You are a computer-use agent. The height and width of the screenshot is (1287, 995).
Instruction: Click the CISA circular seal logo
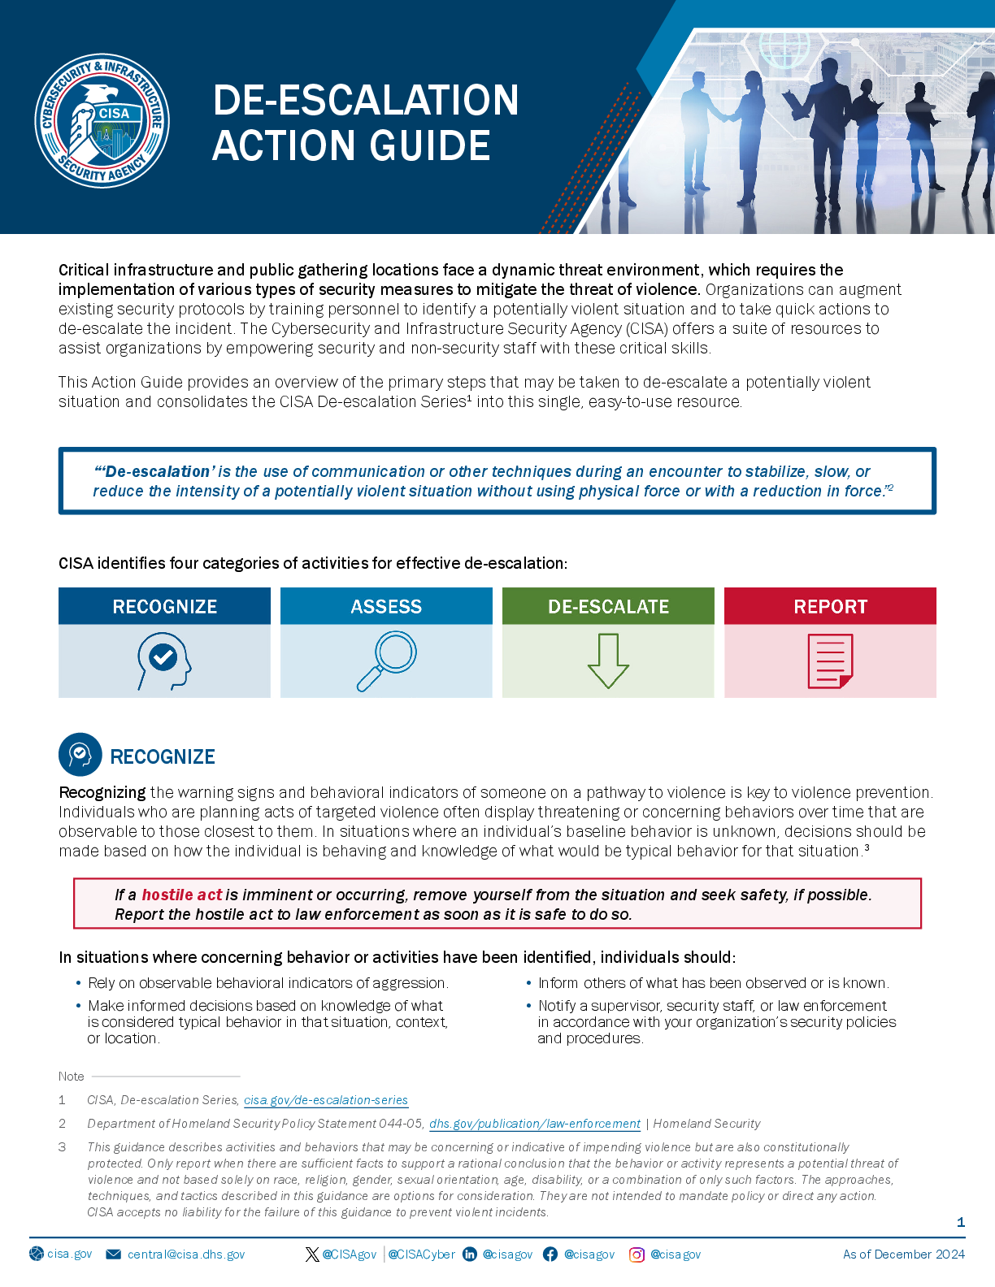click(x=102, y=121)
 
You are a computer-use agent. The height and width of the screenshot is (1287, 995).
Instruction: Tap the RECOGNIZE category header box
click(x=164, y=606)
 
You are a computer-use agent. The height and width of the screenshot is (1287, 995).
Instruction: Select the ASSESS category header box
click(x=386, y=606)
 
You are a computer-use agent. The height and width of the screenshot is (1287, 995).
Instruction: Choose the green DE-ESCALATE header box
click(x=608, y=606)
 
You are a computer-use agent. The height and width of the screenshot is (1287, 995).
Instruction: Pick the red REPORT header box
click(x=830, y=606)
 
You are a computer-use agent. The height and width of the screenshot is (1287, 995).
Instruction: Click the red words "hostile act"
click(x=182, y=895)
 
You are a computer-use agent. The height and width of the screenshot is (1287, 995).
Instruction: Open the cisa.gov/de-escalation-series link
click(x=326, y=1100)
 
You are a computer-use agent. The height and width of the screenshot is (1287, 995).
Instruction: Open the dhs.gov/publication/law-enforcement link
click(x=535, y=1124)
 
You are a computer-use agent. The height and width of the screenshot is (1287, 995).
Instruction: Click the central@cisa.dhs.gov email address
click(x=186, y=1254)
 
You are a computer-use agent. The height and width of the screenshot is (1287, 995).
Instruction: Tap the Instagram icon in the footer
click(x=637, y=1254)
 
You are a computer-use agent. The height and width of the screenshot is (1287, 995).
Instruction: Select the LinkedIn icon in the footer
click(x=470, y=1254)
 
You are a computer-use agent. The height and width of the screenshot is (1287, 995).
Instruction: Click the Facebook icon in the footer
click(x=550, y=1254)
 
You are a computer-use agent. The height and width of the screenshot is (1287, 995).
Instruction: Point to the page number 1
click(x=961, y=1222)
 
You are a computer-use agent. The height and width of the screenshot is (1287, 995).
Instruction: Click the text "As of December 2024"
click(x=904, y=1254)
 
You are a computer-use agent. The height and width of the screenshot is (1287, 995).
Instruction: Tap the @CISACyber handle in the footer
click(x=421, y=1254)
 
